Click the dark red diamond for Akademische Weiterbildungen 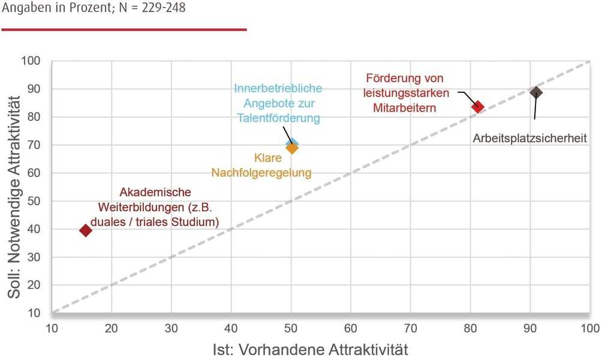click(x=86, y=230)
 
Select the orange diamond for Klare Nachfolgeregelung click(x=292, y=148)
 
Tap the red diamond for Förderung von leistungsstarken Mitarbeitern click(x=477, y=107)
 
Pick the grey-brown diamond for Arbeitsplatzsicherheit click(x=536, y=92)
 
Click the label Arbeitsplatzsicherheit click(x=529, y=139)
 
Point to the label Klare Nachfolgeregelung click(x=261, y=166)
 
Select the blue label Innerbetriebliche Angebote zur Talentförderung click(x=278, y=103)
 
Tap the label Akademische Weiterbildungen click(x=155, y=207)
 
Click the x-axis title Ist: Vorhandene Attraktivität click(x=310, y=349)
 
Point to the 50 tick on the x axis click(x=291, y=328)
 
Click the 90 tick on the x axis click(x=530, y=328)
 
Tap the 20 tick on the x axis click(x=112, y=328)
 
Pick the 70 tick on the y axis click(x=33, y=145)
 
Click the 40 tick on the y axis click(x=33, y=229)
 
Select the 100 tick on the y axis click(x=31, y=61)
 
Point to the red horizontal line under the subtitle click(x=124, y=29)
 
